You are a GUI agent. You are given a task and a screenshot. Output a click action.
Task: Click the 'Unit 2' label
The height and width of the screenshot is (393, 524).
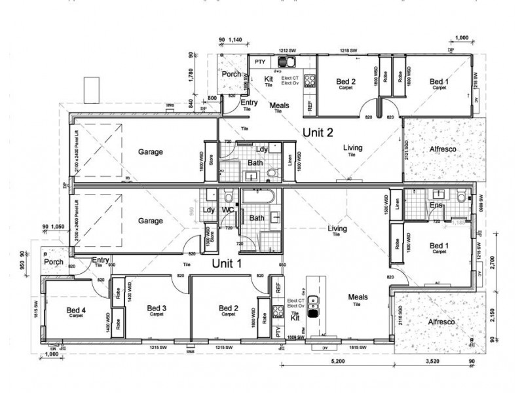pos(318,132)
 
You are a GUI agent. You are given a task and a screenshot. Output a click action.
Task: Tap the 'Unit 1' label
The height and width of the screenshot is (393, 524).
pos(226,263)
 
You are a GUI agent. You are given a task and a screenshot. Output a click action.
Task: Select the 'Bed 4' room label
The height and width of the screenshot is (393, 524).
pos(76,309)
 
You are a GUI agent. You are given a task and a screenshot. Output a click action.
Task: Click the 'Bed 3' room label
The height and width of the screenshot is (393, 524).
pos(156,309)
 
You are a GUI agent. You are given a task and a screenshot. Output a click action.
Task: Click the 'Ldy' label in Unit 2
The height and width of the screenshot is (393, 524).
pos(260,149)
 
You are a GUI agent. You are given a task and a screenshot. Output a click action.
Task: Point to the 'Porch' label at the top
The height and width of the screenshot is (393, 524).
pos(231,75)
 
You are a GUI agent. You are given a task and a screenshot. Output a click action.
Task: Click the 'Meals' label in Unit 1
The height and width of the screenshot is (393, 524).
pos(358,297)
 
